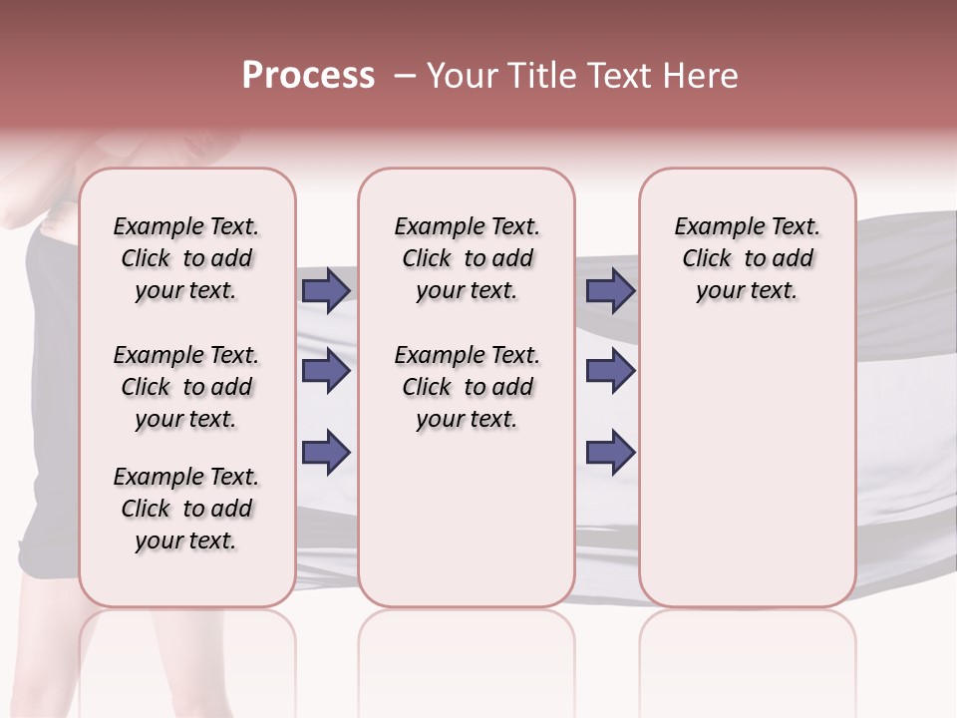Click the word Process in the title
[308, 76]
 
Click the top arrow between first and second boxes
[326, 291]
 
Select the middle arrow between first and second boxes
[326, 372]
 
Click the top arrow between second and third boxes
[611, 291]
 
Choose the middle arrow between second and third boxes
[611, 372]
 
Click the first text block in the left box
[186, 258]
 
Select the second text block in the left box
[186, 387]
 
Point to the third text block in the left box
[186, 509]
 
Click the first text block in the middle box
[467, 258]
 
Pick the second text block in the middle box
[467, 387]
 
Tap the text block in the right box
[747, 258]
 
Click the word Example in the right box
[712, 227]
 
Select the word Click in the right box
[707, 259]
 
